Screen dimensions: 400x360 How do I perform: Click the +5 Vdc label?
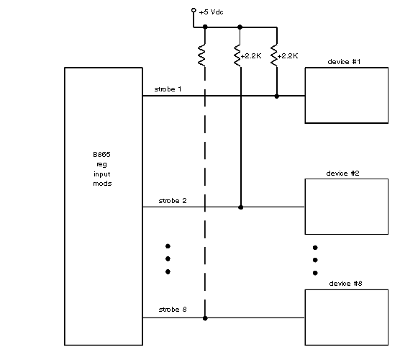211,12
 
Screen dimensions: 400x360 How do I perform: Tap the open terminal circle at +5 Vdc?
194,10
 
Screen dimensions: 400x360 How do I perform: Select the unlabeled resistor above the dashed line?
201,55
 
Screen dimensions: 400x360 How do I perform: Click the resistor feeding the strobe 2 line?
237,55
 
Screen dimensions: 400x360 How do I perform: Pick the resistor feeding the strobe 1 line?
274,55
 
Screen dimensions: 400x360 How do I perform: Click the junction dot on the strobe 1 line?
276,96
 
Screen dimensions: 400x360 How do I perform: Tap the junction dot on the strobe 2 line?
240,207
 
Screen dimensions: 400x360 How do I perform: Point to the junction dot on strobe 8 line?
205,318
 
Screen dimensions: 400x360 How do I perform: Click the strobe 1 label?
168,89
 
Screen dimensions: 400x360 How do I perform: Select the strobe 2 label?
173,201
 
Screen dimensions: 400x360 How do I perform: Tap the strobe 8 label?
173,310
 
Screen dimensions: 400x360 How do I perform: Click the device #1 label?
344,62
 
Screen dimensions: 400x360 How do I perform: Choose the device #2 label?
342,174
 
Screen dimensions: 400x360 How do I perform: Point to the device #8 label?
345,284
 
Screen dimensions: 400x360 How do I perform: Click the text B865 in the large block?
101,155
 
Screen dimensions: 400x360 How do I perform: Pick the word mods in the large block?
102,184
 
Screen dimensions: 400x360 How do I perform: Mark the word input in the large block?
102,174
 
